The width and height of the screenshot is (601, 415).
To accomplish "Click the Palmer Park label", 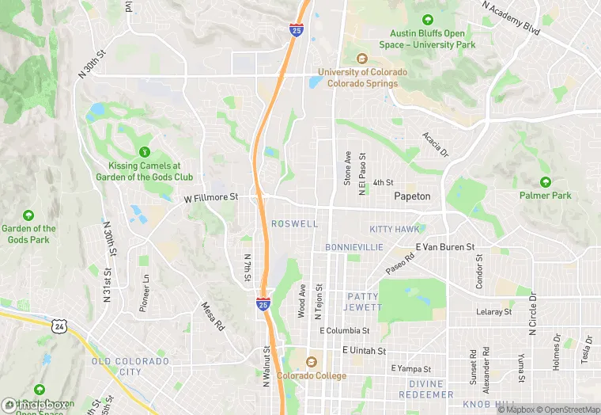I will pyautogui.click(x=545, y=195).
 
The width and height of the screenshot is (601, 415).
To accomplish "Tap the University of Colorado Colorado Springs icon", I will pyautogui.click(x=362, y=59).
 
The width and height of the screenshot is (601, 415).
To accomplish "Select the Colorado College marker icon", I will pyautogui.click(x=311, y=361).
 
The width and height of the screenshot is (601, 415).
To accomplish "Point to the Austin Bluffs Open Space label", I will pyautogui.click(x=433, y=39).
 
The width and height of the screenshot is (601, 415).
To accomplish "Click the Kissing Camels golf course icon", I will pyautogui.click(x=144, y=151).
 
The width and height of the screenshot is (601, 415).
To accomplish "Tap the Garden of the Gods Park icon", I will pyautogui.click(x=28, y=215).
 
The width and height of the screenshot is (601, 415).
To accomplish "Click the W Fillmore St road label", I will pyautogui.click(x=211, y=199).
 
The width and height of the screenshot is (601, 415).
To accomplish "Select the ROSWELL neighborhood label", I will pyautogui.click(x=294, y=224).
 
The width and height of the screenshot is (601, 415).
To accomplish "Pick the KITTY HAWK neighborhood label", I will pyautogui.click(x=394, y=229).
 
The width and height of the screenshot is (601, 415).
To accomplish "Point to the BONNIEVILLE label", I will pyautogui.click(x=353, y=247).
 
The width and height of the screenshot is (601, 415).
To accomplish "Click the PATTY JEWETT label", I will pyautogui.click(x=364, y=302).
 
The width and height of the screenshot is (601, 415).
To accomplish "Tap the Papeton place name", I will pyautogui.click(x=412, y=196).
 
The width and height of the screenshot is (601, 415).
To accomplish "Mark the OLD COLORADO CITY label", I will pyautogui.click(x=130, y=366).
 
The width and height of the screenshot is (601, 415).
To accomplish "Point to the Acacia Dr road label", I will pyautogui.click(x=435, y=144).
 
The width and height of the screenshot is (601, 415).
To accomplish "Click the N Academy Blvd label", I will pyautogui.click(x=510, y=17).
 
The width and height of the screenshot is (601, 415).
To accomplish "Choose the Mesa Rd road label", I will pyautogui.click(x=213, y=317).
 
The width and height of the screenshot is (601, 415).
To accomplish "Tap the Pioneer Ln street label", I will pyautogui.click(x=144, y=293).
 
